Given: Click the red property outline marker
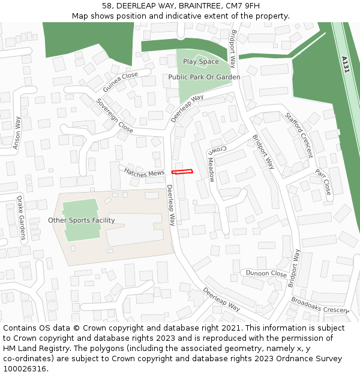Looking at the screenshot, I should click(x=183, y=172).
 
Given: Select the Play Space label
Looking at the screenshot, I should click(x=201, y=62).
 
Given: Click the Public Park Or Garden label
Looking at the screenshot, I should click(x=204, y=77).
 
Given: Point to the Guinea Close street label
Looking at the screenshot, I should click(x=120, y=82).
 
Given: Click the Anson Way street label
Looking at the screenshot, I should click(x=17, y=132).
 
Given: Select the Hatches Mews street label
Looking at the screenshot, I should click(x=144, y=172).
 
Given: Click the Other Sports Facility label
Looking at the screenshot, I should click(x=82, y=220).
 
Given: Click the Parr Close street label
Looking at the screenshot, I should click(x=323, y=182).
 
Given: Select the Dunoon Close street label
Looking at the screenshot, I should click(x=266, y=273).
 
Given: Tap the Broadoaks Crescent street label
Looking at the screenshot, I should click(x=320, y=305).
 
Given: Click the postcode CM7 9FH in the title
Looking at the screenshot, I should click(x=244, y=5).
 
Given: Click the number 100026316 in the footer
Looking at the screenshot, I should click(x=25, y=369).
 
